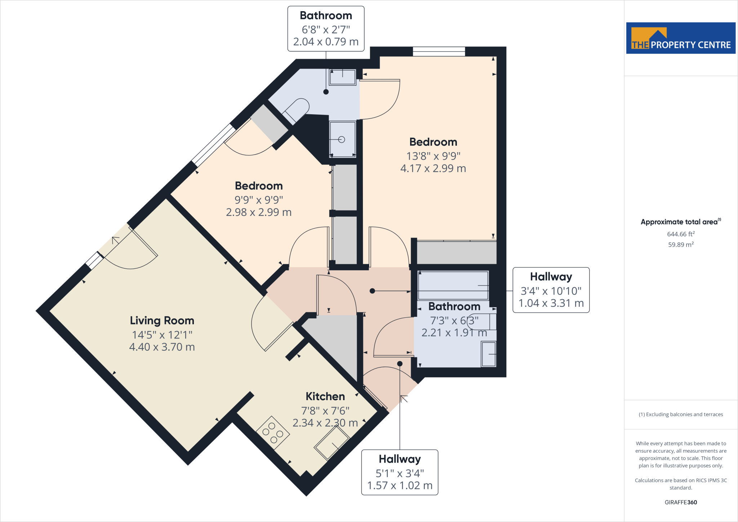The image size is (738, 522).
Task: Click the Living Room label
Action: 162,320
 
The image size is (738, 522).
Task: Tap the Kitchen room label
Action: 325,397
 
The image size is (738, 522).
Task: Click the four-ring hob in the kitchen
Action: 273,432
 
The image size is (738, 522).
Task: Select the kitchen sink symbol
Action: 332,443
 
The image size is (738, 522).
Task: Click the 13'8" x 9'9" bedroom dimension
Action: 433,156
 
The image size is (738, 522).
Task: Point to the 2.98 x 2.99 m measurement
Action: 258,212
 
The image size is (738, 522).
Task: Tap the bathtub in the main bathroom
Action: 453,286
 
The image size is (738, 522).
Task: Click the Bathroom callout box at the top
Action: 326,29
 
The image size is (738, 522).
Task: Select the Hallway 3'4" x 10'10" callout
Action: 551,290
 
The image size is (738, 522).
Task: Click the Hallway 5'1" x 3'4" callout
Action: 400,472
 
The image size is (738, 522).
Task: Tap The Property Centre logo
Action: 680,38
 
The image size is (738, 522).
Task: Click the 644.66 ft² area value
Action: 681,234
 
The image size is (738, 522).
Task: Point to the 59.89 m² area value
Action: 681,245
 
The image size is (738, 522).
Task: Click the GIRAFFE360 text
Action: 681,502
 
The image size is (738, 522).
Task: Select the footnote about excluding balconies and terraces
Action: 681,415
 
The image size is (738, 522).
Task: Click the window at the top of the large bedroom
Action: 439,52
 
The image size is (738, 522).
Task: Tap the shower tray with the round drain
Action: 342,139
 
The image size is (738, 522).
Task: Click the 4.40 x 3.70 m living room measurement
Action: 162,347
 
